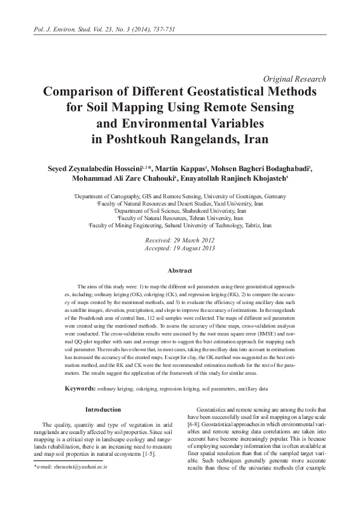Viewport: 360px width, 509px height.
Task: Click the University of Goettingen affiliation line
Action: coord(180,197)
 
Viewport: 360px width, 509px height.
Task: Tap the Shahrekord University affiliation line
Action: coord(180,211)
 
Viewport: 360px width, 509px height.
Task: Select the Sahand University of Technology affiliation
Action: coord(180,225)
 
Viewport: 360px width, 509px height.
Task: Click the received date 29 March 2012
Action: coord(180,241)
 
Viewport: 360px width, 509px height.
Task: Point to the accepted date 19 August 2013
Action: coord(180,248)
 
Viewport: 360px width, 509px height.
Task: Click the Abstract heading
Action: coord(180,270)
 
